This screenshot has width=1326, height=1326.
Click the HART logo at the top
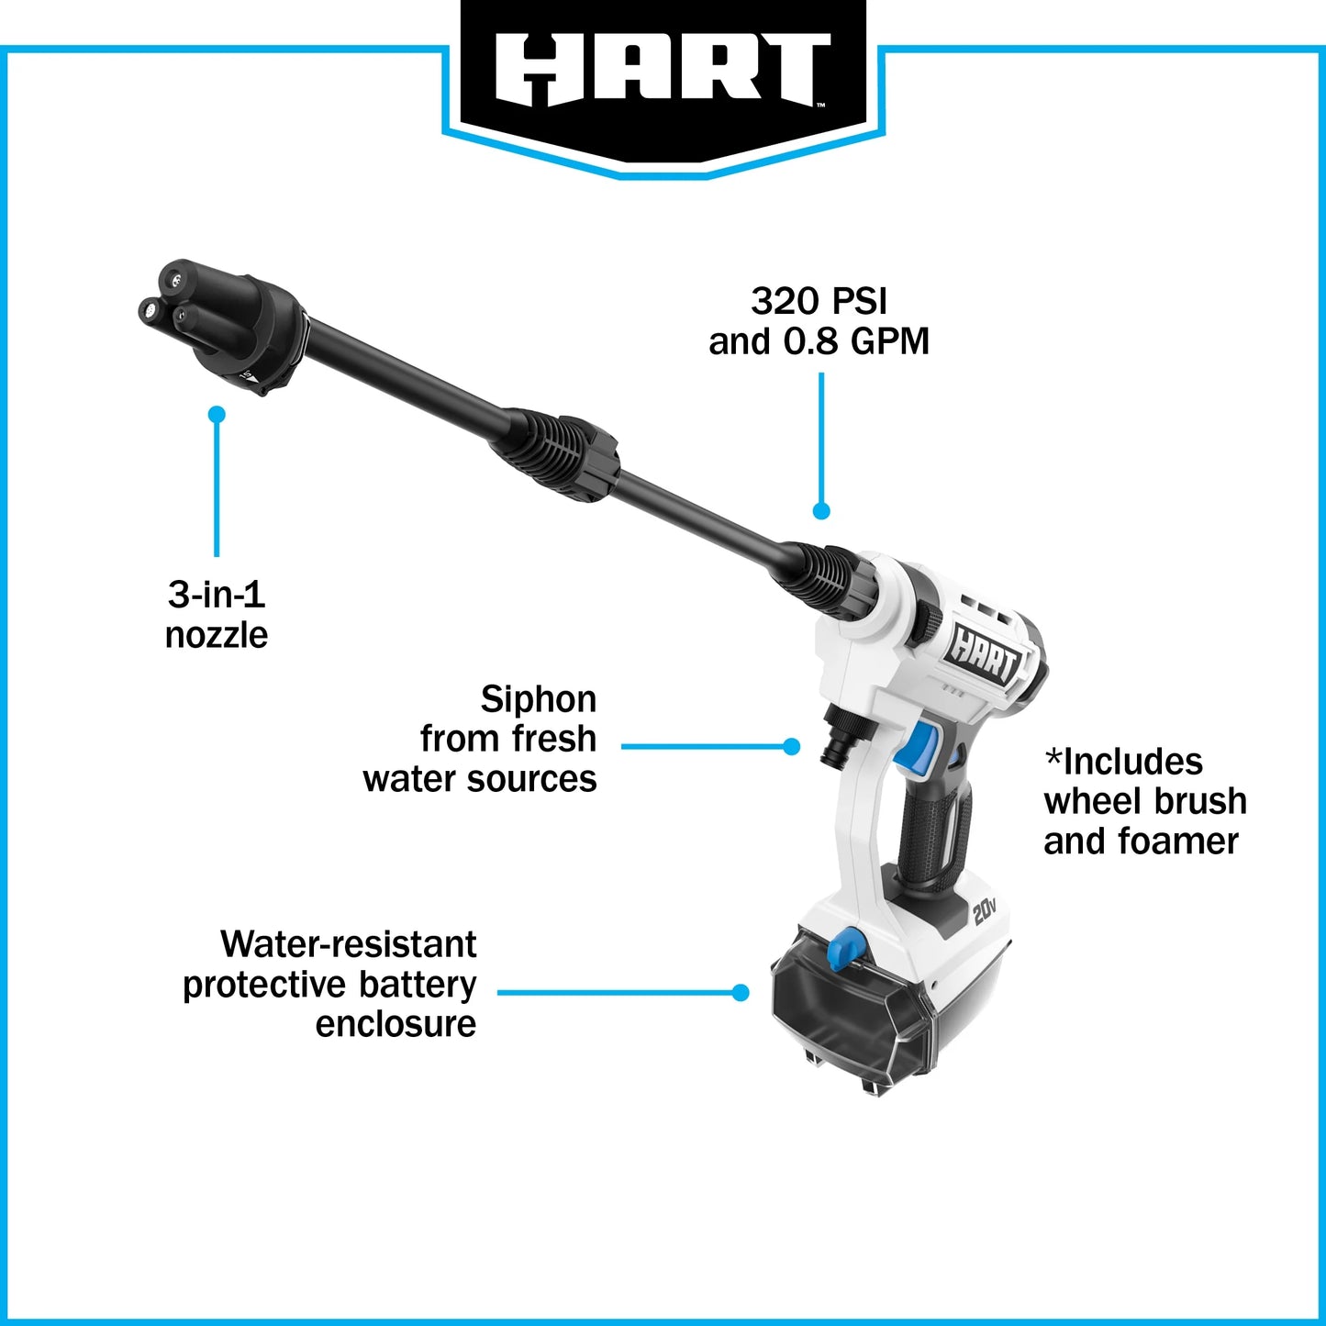pos(663,70)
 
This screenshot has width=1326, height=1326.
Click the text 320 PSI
pos(819,301)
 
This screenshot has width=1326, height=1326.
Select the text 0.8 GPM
pos(855,341)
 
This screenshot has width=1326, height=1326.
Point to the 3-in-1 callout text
pos(217,595)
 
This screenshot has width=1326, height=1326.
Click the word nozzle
pos(217,635)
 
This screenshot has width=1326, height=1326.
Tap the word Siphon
pos(539,699)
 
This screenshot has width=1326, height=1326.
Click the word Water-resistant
pos(349,944)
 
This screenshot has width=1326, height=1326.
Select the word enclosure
pos(396,1024)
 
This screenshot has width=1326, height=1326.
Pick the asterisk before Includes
pos(1053,760)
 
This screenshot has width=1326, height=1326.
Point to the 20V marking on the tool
pos(984,911)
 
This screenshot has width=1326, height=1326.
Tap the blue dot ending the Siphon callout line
pos(792,747)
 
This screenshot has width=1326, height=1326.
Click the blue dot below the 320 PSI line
pos(821,511)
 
